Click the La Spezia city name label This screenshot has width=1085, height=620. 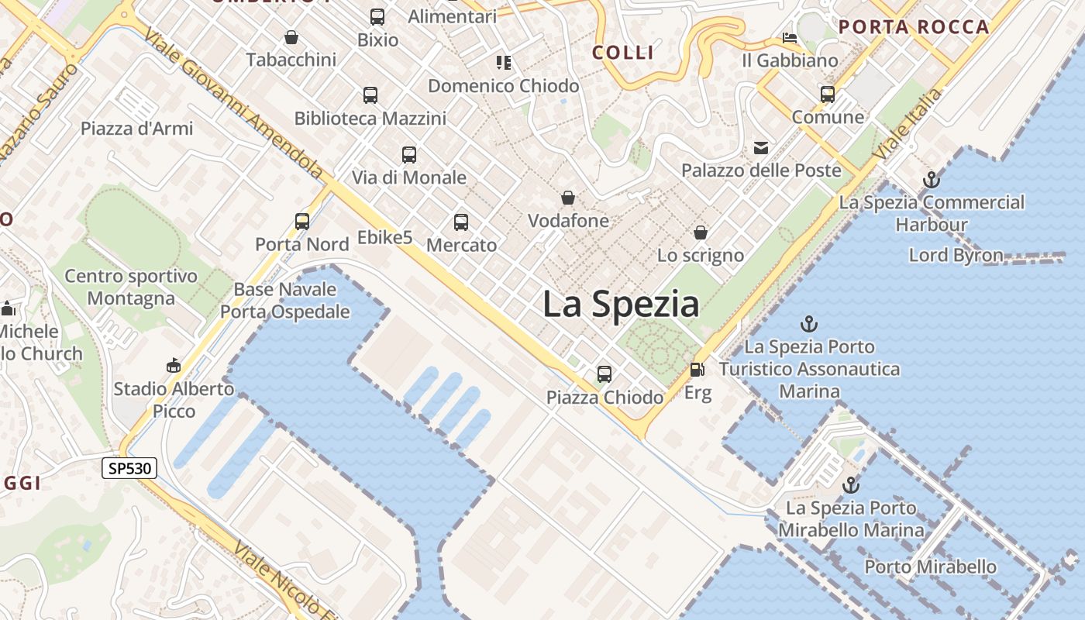pyautogui.click(x=620, y=304)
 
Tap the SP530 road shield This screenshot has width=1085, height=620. pyautogui.click(x=129, y=467)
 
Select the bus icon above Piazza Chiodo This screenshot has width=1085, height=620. pyautogui.click(x=604, y=374)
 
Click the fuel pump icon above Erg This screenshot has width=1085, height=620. pyautogui.click(x=697, y=370)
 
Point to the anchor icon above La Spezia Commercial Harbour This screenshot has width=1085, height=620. pyautogui.click(x=931, y=180)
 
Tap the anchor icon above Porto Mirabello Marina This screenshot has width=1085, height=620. pyautogui.click(x=851, y=485)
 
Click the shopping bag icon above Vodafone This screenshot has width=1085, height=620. pyautogui.click(x=568, y=198)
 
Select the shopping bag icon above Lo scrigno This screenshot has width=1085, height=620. pyautogui.click(x=700, y=232)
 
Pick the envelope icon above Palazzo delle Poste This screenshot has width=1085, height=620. pyautogui.click(x=760, y=148)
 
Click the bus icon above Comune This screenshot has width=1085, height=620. pyautogui.click(x=828, y=95)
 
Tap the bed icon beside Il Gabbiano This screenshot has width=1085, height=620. pyautogui.click(x=790, y=37)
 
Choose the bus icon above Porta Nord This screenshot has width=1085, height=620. pyautogui.click(x=302, y=222)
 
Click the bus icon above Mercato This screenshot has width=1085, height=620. pyautogui.click(x=461, y=222)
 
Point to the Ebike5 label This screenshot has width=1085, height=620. pyautogui.click(x=384, y=237)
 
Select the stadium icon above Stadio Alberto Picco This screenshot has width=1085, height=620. pyautogui.click(x=174, y=366)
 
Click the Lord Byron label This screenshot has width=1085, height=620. pyautogui.click(x=956, y=255)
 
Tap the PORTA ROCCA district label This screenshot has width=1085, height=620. pyautogui.click(x=914, y=27)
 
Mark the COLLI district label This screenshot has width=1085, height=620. pyautogui.click(x=623, y=53)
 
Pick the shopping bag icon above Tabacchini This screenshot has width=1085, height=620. pyautogui.click(x=291, y=37)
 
